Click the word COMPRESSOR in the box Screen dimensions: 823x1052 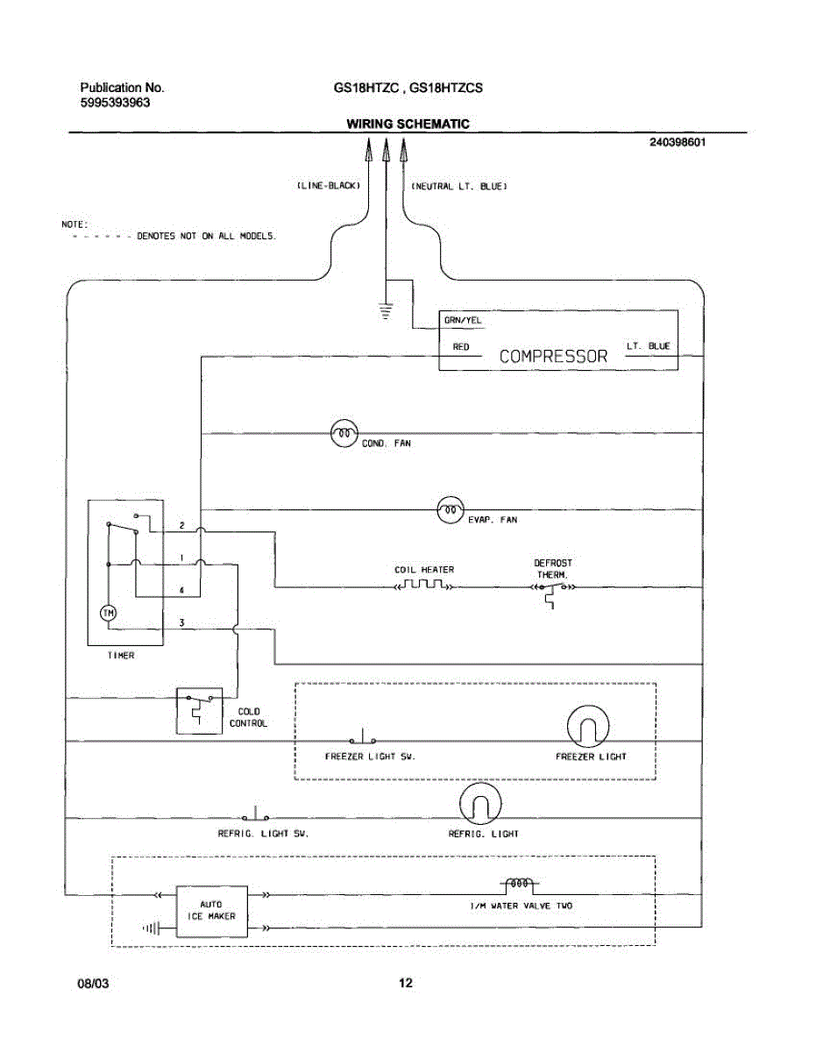coord(553,356)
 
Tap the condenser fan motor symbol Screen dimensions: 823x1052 coord(344,433)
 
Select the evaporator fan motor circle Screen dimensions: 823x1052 coord(450,510)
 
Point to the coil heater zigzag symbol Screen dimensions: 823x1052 coord(424,585)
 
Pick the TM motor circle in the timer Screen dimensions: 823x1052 coord(109,614)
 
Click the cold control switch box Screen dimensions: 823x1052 coord(199,710)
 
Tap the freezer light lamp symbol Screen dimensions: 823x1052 coord(588,726)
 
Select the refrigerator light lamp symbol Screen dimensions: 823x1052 coord(480,804)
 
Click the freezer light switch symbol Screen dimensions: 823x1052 coord(362,736)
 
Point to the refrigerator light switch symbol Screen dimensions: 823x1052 coord(255,814)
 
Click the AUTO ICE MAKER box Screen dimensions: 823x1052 coord(211,912)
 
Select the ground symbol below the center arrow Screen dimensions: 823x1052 coord(386,311)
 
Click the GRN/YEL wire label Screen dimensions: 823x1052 coord(463,320)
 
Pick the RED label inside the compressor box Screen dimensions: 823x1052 coord(461,346)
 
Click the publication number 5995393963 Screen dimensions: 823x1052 coord(115,103)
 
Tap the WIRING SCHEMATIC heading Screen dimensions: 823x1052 coord(408,124)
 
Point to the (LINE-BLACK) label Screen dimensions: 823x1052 coord(329,186)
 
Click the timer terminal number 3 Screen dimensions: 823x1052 coord(182,622)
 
